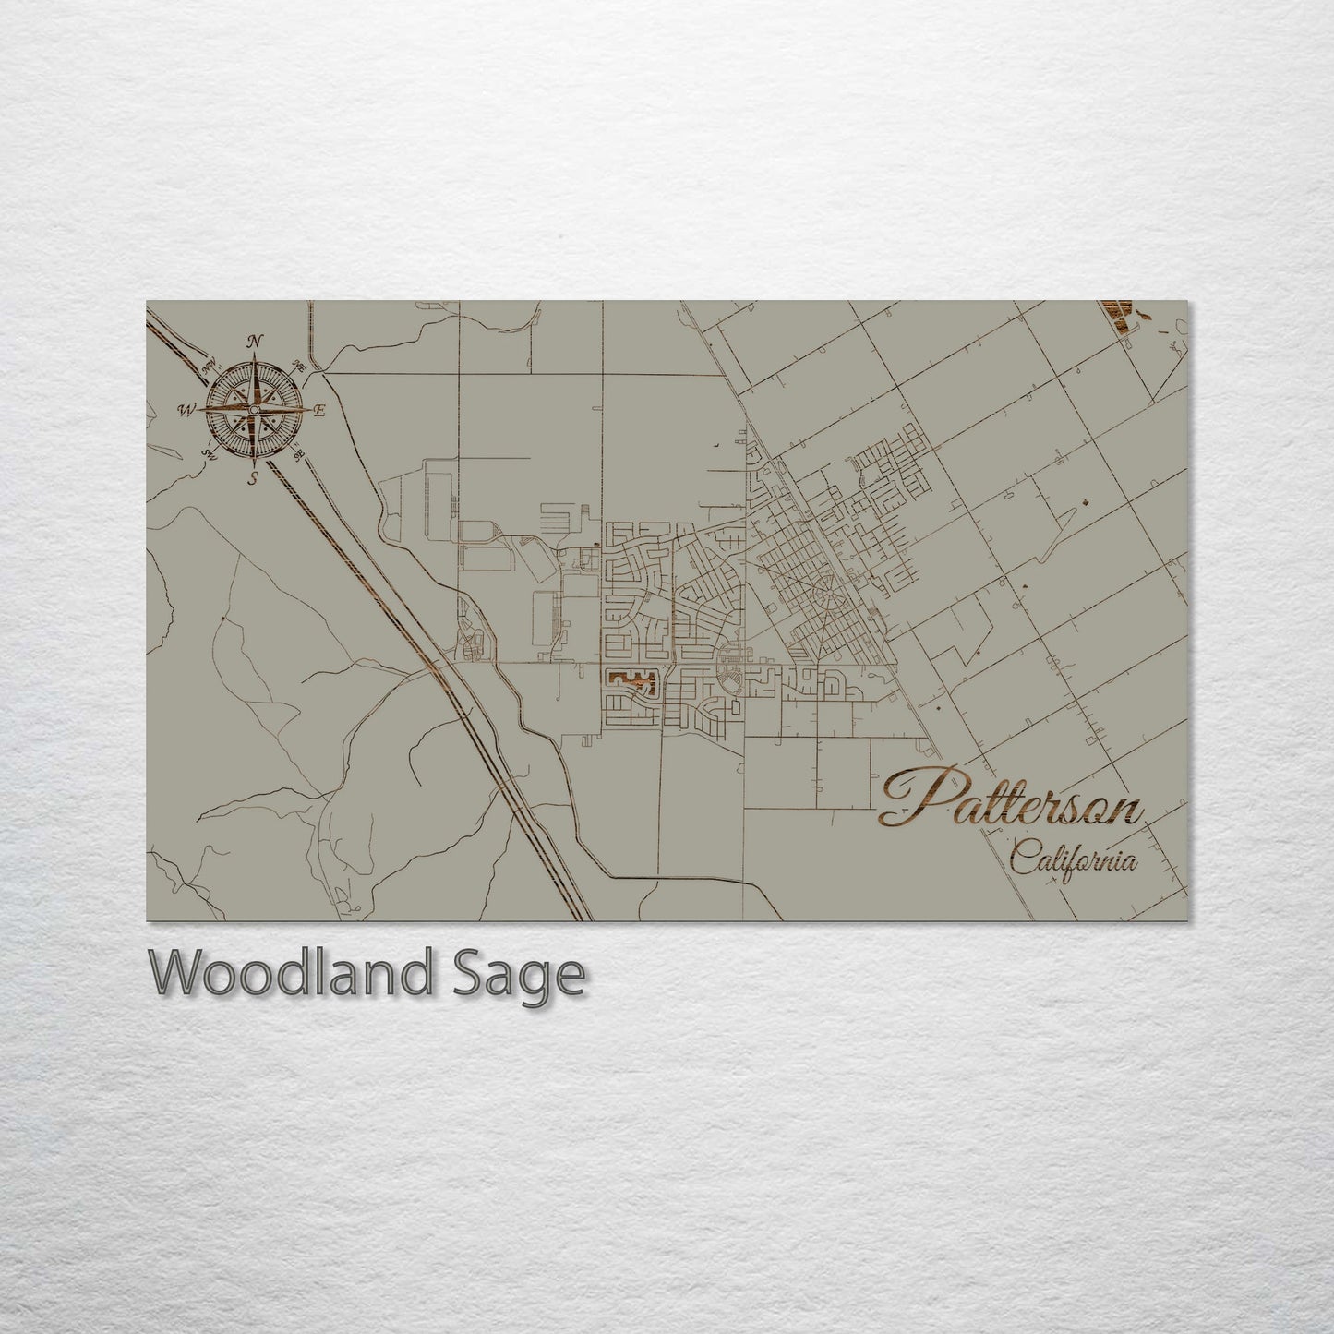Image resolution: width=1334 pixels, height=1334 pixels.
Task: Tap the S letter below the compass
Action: [x=253, y=477]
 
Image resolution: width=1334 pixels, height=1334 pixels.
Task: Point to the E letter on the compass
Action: [x=319, y=412]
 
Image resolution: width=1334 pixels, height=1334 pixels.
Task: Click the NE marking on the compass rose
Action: [x=299, y=364]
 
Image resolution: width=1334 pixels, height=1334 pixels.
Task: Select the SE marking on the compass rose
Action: [x=298, y=455]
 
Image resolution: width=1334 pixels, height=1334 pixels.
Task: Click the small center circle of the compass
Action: [x=253, y=410]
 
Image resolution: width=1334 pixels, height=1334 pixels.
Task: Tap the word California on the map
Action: [x=1073, y=860]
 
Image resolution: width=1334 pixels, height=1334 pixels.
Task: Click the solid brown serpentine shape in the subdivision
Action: [x=631, y=681]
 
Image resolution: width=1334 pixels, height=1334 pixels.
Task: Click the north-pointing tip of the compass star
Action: [x=253, y=360]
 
